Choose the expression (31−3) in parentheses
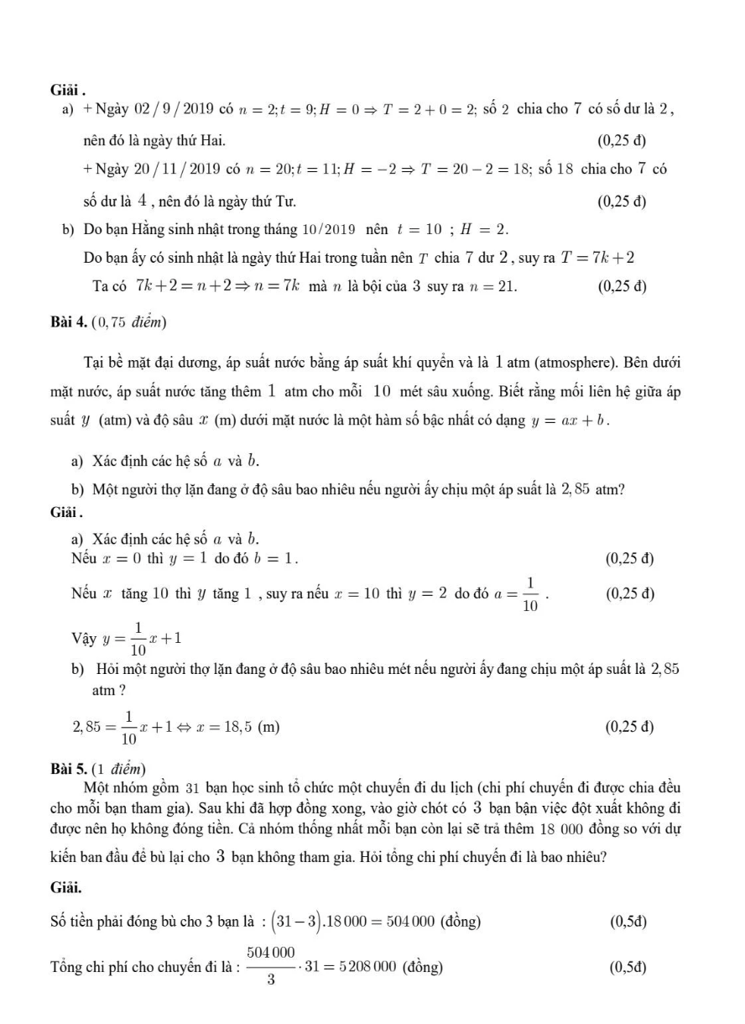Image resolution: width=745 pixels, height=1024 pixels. pyautogui.click(x=294, y=922)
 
